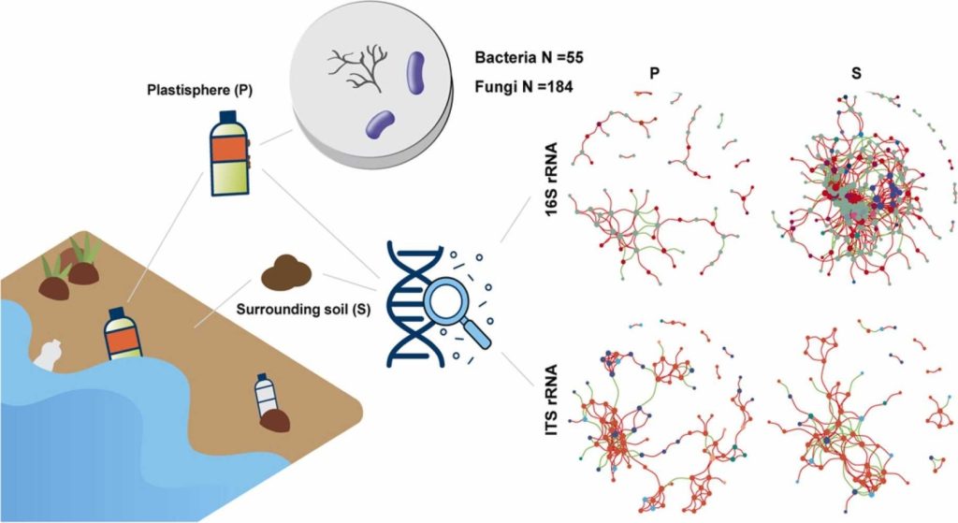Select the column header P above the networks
pos(655,72)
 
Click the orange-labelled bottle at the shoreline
pos(122,334)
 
